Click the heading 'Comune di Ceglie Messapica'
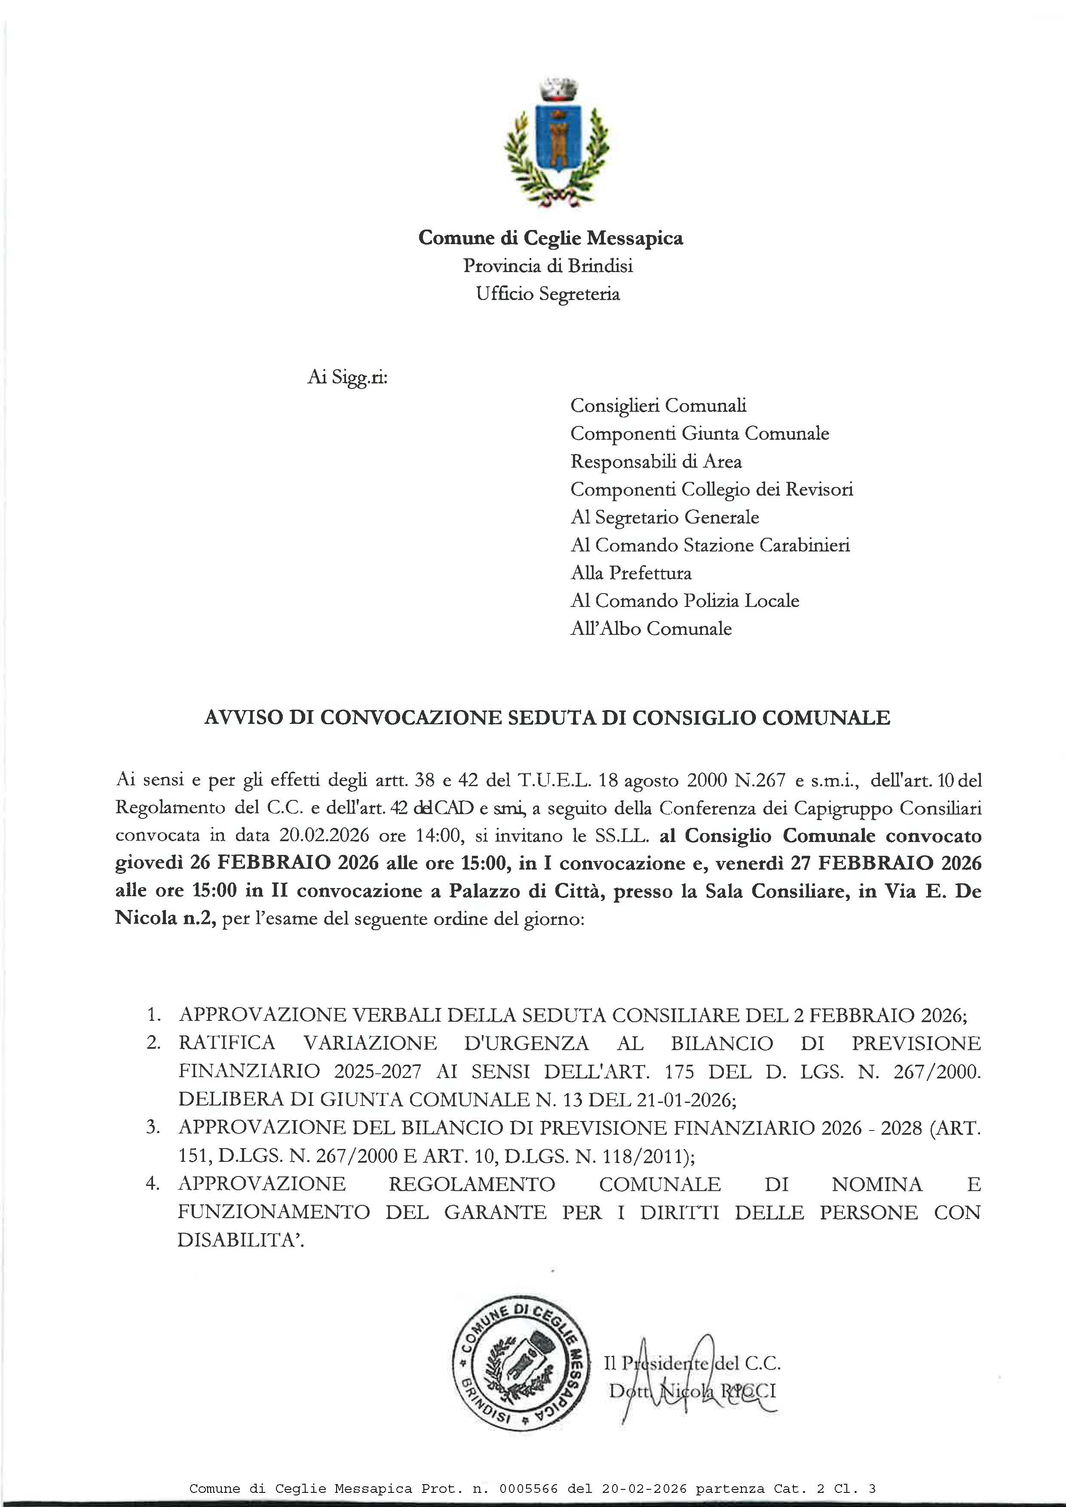pos(550,238)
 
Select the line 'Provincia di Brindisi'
pos(548,266)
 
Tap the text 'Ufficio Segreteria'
pos(548,294)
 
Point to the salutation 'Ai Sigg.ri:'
pos(347,378)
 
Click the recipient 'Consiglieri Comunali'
pos(658,406)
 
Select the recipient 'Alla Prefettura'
pos(631,573)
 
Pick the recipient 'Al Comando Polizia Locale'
pos(685,600)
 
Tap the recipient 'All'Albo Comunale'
pos(650,629)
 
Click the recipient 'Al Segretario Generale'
pos(664,517)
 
